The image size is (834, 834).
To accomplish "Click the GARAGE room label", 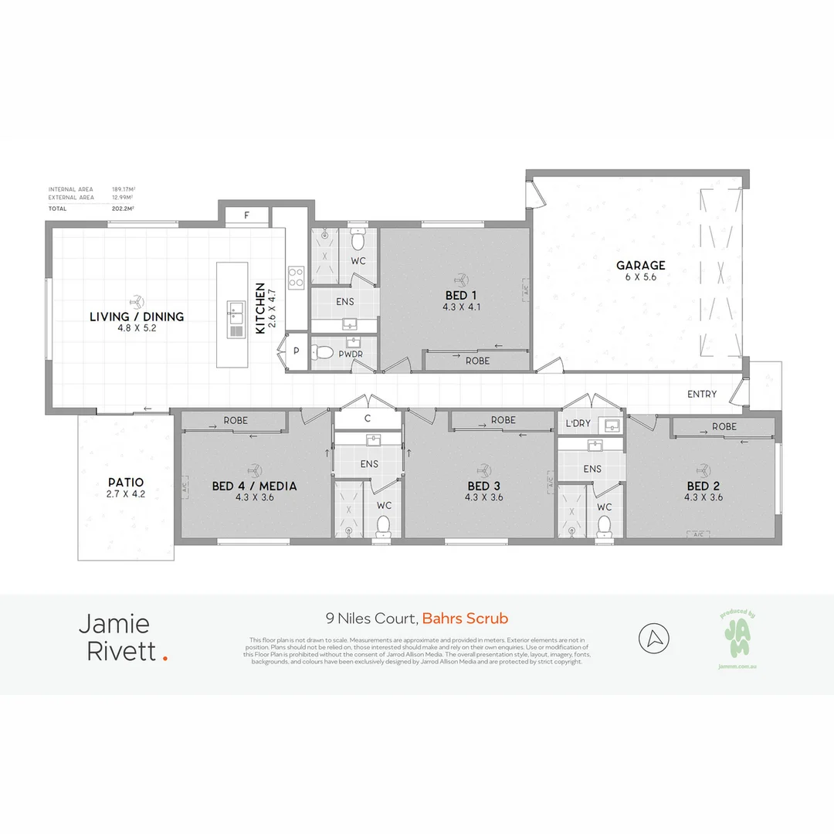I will tap(640, 266).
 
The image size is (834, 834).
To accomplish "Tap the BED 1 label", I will tap(460, 295).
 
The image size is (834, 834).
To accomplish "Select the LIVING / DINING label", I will tap(137, 317).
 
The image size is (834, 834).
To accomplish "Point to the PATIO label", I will tap(125, 483).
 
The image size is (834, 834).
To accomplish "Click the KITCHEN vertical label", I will tap(261, 307).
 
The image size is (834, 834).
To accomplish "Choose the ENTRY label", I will tap(702, 394).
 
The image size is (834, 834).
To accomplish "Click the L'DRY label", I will tap(578, 425).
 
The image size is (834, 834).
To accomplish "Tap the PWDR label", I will tap(351, 354).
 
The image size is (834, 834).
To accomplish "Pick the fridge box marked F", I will tap(246, 215).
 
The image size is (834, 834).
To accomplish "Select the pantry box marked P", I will tap(297, 351).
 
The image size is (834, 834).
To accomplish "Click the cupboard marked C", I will tap(368, 419).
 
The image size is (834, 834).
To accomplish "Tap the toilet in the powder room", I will tap(324, 354).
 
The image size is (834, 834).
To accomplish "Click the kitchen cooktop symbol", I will tap(296, 277).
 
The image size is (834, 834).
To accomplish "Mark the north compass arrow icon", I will tap(654, 639).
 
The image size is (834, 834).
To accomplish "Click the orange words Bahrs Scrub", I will tap(466, 619).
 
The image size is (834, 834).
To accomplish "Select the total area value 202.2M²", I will tap(123, 208).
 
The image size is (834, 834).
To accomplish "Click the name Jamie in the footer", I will tap(114, 624).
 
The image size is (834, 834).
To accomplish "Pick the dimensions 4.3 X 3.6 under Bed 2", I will tap(703, 497).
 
